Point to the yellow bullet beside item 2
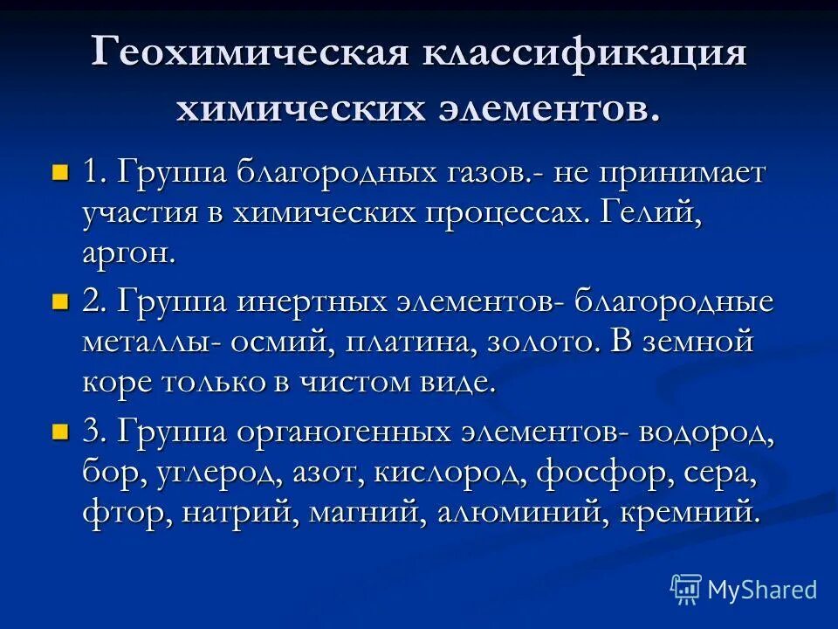60,301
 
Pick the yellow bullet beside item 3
60,431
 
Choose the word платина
409,342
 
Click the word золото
545,342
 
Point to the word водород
706,432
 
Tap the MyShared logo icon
686,590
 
